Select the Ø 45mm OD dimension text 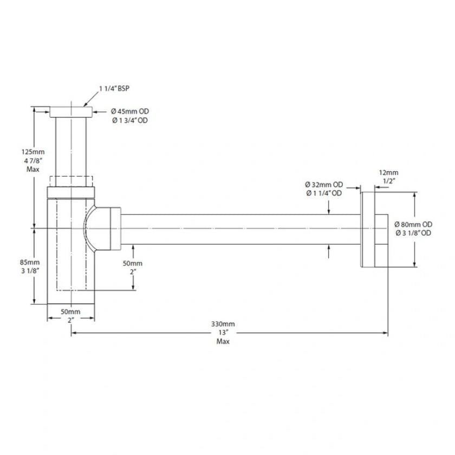click(x=129, y=112)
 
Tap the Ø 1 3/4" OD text click(x=129, y=120)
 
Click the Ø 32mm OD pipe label click(x=323, y=184)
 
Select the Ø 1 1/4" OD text click(x=323, y=193)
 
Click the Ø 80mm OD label click(x=413, y=224)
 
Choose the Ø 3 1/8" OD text click(x=413, y=233)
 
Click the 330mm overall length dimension click(x=223, y=324)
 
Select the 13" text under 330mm click(x=223, y=333)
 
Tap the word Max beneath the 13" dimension click(x=223, y=342)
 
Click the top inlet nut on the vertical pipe click(x=71, y=113)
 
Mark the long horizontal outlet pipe click(x=238, y=230)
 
